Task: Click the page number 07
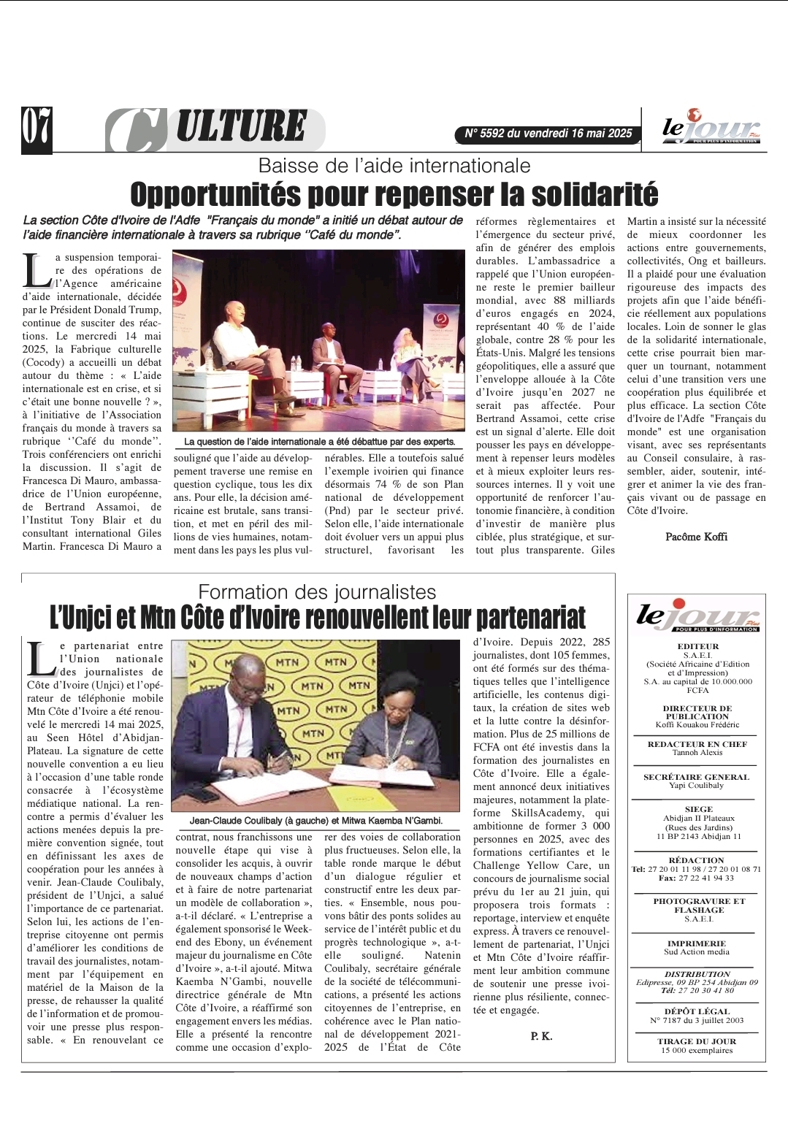pyautogui.click(x=37, y=129)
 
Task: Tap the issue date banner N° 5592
pyautogui.click(x=548, y=134)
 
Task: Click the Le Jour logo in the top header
pyautogui.click(x=710, y=129)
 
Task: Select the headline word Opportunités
pyautogui.click(x=215, y=195)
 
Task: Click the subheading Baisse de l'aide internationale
pyautogui.click(x=394, y=165)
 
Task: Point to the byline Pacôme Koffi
pyautogui.click(x=696, y=537)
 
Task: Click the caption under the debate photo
pyautogui.click(x=319, y=442)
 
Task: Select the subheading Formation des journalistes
pyautogui.click(x=317, y=591)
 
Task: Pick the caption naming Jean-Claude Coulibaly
pyautogui.click(x=315, y=821)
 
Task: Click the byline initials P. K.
pyautogui.click(x=541, y=1036)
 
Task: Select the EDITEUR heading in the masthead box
pyautogui.click(x=697, y=646)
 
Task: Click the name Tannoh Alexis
pyautogui.click(x=697, y=753)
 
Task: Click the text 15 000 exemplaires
pyautogui.click(x=697, y=1051)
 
